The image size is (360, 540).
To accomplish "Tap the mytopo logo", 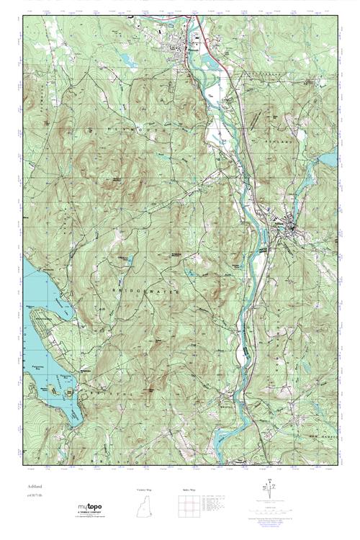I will pos(90,508).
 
